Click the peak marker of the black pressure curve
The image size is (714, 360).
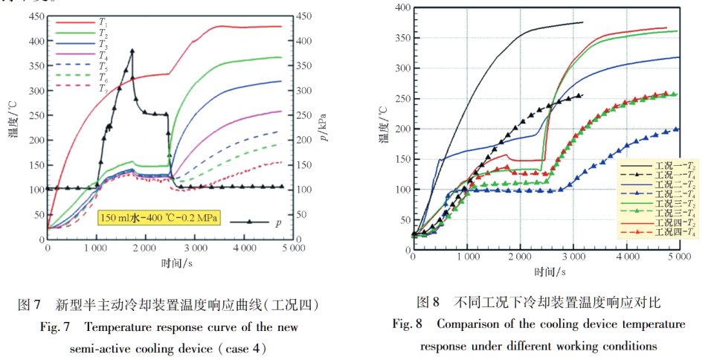[132, 51]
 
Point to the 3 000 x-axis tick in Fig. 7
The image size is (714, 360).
[194, 247]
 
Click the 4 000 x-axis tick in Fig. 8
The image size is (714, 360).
[627, 257]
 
